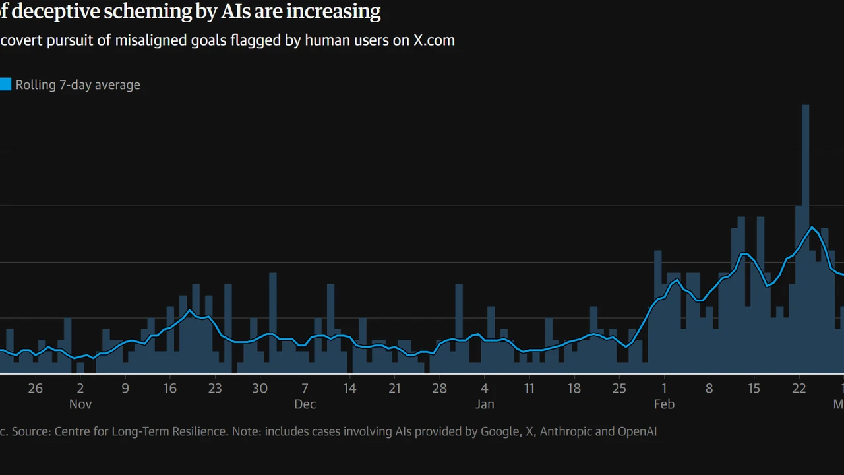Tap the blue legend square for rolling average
5,84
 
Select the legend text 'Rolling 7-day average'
78,85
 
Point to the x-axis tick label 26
36,388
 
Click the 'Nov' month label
80,404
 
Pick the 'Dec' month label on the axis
305,404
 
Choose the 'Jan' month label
485,404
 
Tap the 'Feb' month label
664,404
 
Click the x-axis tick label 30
260,388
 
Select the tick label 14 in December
349,388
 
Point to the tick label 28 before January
440,388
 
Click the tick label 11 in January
529,388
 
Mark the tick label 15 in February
754,388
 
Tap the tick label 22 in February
799,388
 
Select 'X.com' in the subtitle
434,40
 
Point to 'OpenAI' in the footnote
637,432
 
